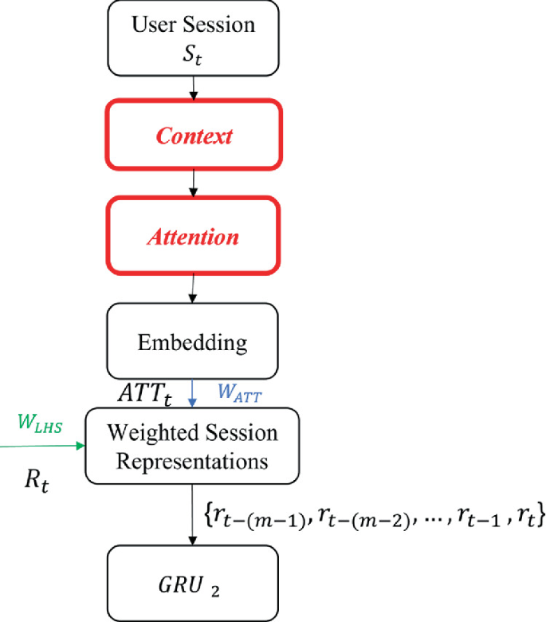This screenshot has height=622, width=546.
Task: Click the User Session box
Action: tap(193, 37)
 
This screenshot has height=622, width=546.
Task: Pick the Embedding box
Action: tap(193, 343)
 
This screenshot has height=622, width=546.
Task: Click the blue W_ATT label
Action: tap(239, 392)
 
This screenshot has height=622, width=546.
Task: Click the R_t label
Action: tap(36, 484)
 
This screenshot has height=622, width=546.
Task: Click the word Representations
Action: tap(193, 461)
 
